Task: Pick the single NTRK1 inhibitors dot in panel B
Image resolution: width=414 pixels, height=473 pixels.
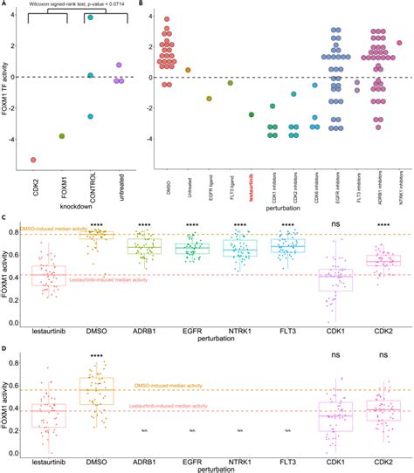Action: pos(399,42)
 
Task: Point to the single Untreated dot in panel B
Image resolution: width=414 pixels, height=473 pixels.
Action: pos(188,70)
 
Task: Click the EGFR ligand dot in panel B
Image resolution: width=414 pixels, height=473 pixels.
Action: pos(209,99)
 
